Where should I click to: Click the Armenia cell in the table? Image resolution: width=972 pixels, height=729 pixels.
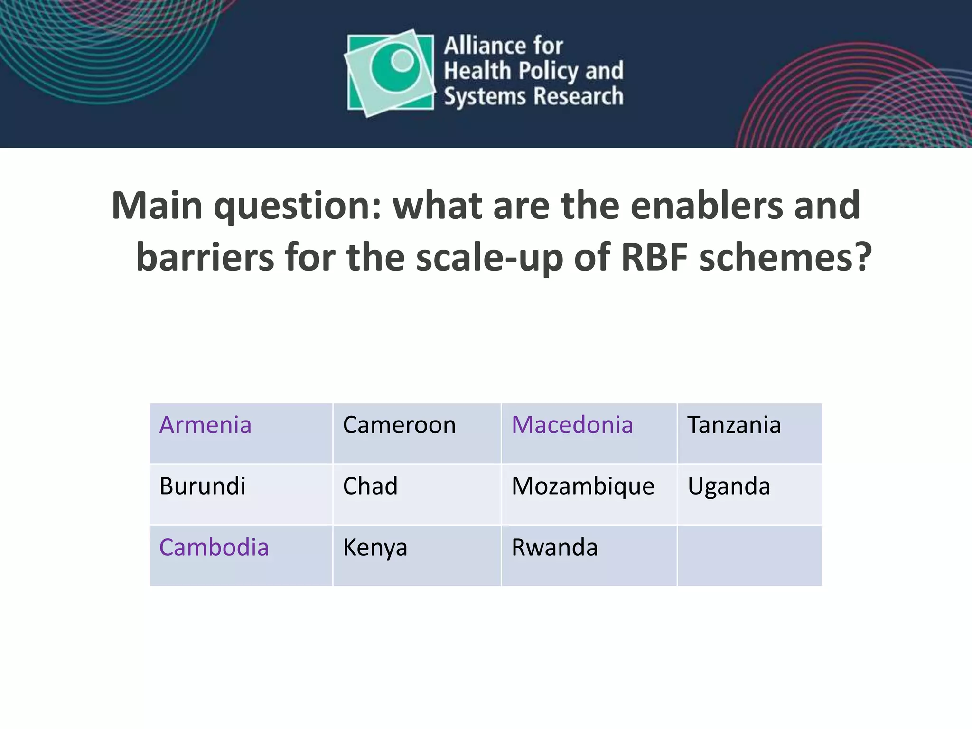205,425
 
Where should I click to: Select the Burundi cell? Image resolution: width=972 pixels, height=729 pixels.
203,486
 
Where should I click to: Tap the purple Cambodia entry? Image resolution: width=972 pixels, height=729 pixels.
214,547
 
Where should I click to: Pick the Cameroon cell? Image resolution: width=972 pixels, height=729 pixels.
399,425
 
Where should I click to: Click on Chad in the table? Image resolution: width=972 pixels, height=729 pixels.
370,486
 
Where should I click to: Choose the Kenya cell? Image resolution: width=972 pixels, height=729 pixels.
375,548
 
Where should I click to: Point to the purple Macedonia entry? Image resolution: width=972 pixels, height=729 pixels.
572,425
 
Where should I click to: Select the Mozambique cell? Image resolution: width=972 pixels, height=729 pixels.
583,487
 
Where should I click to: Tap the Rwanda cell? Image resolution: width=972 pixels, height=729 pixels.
554,547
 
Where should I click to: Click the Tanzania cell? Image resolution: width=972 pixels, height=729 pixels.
734,425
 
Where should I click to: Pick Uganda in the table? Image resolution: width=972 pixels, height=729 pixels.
729,486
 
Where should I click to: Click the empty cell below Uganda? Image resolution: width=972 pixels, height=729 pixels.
749,555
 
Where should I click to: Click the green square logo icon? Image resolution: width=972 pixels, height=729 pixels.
390,73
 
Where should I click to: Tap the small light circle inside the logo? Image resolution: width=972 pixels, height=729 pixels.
402,61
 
